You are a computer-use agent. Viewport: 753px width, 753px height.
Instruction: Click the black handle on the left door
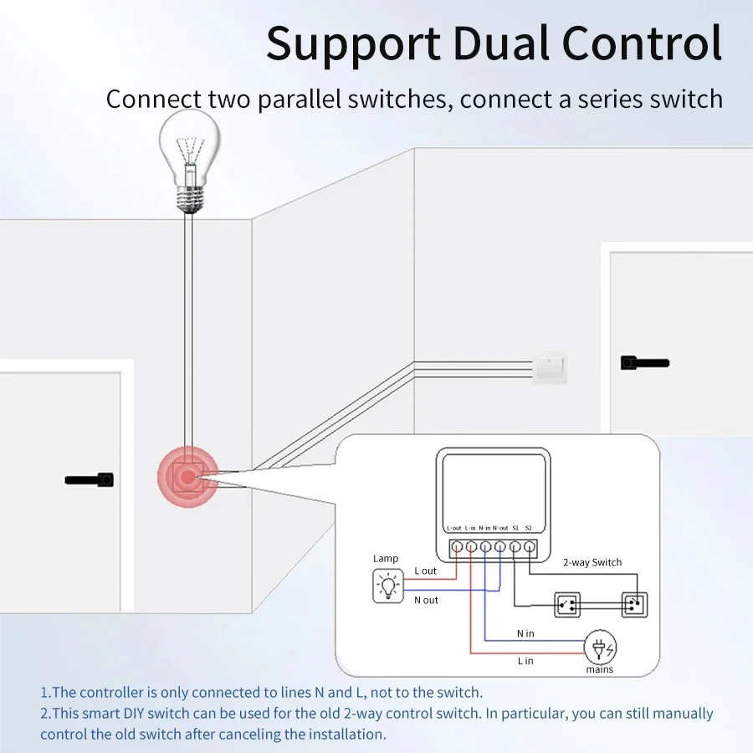(90, 480)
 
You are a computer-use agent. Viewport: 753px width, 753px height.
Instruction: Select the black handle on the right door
(644, 363)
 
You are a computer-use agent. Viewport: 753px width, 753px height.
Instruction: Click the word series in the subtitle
(607, 99)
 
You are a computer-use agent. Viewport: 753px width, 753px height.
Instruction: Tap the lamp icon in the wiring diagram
(387, 586)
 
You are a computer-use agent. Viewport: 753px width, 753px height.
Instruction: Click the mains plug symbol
(599, 648)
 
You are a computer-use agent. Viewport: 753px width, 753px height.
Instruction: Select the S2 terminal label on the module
(529, 528)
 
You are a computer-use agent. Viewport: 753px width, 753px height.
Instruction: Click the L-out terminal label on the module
(454, 528)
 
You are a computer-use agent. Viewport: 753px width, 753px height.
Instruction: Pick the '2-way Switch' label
(592, 562)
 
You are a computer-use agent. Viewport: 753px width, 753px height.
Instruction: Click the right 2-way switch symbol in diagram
(634, 602)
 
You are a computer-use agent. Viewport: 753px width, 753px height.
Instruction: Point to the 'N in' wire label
(525, 633)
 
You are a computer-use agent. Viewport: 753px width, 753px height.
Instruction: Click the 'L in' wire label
(525, 661)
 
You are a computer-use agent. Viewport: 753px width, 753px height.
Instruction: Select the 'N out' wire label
(426, 600)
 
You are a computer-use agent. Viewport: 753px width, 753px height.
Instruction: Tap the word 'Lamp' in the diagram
(386, 558)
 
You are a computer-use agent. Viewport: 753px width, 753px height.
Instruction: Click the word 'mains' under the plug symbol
(599, 669)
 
